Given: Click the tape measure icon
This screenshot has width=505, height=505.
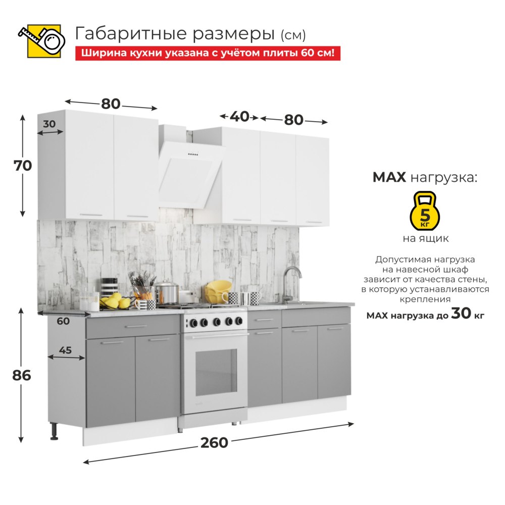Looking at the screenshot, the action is [41, 41].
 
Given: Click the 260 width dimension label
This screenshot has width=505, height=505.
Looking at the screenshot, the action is [214, 443].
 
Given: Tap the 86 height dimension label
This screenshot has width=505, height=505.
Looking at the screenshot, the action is [22, 376].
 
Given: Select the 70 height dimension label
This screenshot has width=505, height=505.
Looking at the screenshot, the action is [23, 166].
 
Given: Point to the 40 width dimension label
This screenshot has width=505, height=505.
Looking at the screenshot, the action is [239, 117].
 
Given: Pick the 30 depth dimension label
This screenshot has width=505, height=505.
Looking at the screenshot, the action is [49, 124].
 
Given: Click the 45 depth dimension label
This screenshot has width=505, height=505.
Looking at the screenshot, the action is [65, 350].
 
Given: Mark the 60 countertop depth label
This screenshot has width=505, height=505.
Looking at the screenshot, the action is [63, 321].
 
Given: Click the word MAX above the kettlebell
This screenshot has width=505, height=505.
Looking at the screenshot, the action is [389, 177].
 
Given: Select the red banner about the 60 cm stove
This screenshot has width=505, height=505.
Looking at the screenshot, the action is [208, 53].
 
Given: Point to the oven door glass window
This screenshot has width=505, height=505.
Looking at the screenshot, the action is [216, 372].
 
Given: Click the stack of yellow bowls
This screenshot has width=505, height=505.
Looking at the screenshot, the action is [218, 291].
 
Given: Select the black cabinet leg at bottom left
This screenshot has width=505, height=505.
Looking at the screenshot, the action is [54, 432].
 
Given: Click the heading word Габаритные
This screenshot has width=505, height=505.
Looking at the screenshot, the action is [131, 34].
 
